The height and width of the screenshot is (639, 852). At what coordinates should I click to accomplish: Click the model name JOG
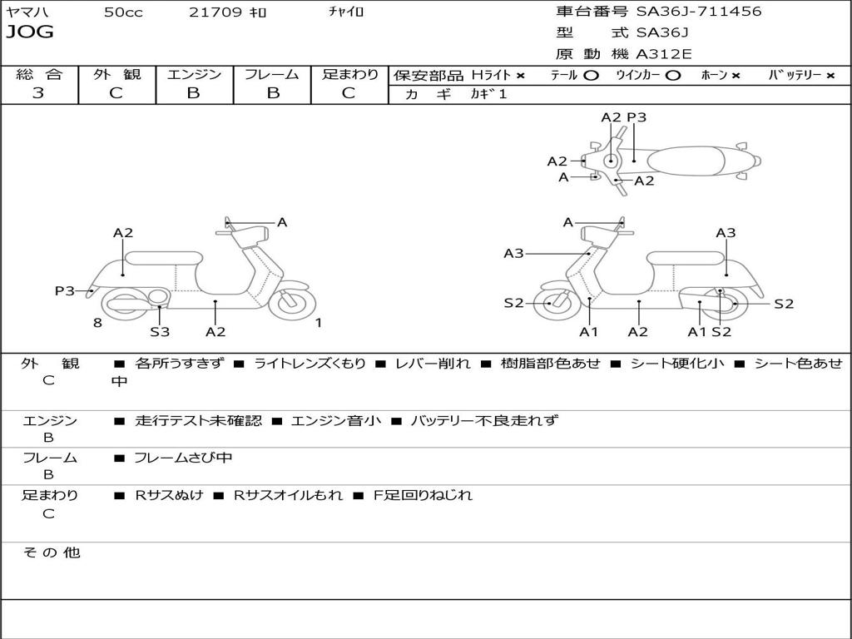(30, 32)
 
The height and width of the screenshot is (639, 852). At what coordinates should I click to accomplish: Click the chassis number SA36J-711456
(699, 12)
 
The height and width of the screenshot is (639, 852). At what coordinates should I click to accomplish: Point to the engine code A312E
(663, 54)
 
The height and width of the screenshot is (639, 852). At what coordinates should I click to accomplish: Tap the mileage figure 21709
(215, 12)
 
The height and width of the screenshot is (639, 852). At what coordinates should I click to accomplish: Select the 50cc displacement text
(123, 12)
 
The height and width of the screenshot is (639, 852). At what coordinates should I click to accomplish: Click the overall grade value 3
(38, 93)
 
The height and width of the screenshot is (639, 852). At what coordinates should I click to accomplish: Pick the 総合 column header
(39, 74)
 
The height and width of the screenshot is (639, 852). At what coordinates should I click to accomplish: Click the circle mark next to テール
(592, 76)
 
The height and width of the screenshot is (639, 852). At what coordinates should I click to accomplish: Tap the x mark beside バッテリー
(830, 76)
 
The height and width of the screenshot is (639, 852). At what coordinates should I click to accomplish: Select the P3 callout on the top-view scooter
(637, 117)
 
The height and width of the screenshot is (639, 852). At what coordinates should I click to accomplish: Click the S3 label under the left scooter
(160, 331)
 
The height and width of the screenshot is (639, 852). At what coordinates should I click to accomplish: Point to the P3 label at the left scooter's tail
(65, 291)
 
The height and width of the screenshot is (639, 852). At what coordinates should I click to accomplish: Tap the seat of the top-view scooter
(686, 161)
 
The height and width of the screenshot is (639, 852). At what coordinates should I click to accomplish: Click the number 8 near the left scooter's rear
(97, 323)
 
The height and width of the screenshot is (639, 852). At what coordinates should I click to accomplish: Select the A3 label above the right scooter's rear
(726, 233)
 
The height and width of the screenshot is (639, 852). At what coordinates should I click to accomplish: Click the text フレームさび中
(183, 458)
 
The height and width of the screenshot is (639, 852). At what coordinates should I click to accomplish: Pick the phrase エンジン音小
(336, 421)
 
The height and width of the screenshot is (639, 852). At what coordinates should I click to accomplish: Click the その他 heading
(52, 552)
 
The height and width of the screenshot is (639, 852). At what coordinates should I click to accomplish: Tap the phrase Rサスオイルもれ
(288, 496)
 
